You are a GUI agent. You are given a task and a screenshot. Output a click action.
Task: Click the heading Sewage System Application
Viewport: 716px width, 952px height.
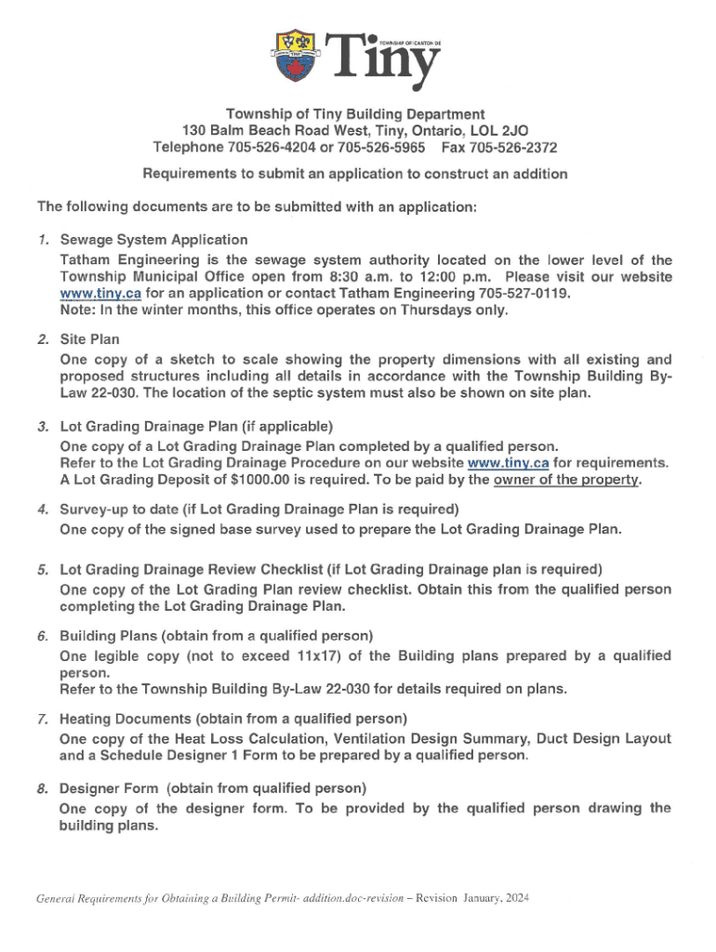tap(153, 240)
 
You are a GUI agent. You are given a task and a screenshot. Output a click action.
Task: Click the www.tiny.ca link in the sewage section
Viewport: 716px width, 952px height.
tap(100, 293)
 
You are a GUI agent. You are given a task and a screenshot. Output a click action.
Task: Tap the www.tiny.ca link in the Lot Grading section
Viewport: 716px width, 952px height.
tap(508, 462)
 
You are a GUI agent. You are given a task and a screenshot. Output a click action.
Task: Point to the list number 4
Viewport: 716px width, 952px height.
tap(43, 510)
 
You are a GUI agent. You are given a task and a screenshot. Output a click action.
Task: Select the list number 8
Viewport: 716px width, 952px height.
tap(43, 788)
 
